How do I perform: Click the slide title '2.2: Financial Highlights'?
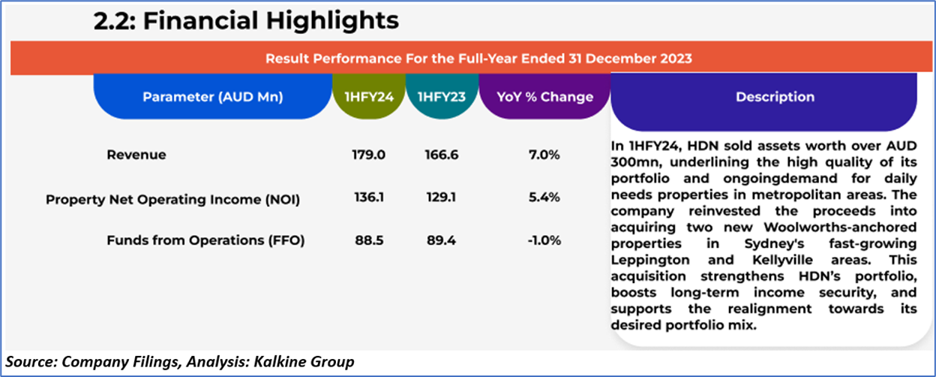(x=246, y=20)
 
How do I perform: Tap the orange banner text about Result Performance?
(x=478, y=58)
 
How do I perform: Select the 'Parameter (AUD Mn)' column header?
(x=212, y=97)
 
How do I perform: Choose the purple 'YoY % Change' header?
(x=544, y=97)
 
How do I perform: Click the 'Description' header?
(x=775, y=97)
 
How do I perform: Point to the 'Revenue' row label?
(x=136, y=155)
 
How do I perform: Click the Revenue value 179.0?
(x=368, y=155)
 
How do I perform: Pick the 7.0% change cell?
(x=544, y=155)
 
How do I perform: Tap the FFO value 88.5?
(x=368, y=240)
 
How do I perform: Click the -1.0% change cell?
(x=544, y=240)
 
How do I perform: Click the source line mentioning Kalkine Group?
(x=178, y=361)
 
